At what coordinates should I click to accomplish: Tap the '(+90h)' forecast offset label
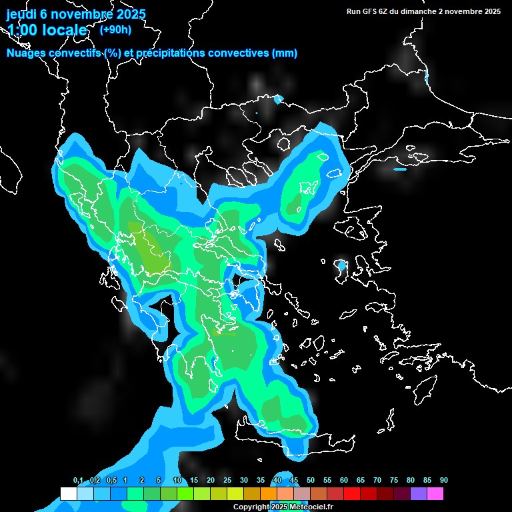(x=115, y=29)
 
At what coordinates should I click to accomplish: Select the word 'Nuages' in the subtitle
(x=27, y=53)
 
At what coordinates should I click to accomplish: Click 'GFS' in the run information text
(x=371, y=11)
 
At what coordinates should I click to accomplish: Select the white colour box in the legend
(x=68, y=494)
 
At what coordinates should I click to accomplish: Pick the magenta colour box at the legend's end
(x=435, y=494)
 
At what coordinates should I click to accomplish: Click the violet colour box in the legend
(x=418, y=494)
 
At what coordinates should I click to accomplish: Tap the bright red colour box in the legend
(x=351, y=494)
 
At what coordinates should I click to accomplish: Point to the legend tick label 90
(x=443, y=481)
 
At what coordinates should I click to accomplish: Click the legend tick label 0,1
(x=78, y=481)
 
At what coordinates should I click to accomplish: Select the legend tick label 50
(x=311, y=481)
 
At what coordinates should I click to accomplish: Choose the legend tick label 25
(x=227, y=481)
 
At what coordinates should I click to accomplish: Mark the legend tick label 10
(x=177, y=481)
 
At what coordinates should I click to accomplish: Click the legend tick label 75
(x=394, y=481)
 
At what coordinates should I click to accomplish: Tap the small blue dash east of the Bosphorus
(x=400, y=169)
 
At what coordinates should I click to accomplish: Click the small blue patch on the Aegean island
(x=342, y=266)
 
